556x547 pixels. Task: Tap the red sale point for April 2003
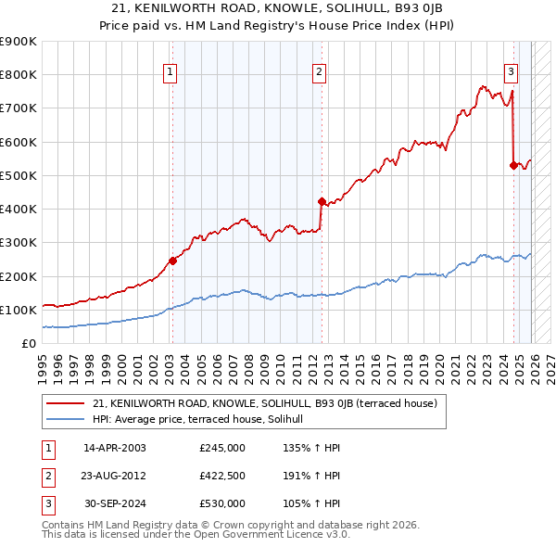(x=172, y=261)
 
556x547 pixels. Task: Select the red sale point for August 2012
(x=322, y=201)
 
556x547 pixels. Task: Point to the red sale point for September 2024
(x=513, y=165)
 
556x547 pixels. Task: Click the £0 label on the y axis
(x=28, y=344)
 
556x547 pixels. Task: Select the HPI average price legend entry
(x=205, y=419)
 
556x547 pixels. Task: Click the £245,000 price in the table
(x=222, y=448)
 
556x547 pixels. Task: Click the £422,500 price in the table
(x=222, y=476)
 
